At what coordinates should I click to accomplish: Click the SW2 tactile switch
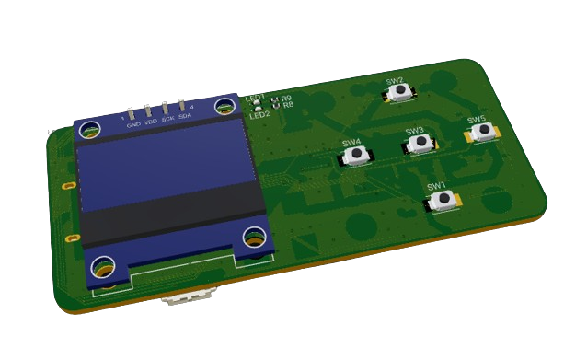400,92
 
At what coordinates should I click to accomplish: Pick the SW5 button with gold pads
481,133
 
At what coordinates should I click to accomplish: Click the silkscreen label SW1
435,185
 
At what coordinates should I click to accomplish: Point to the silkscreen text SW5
476,120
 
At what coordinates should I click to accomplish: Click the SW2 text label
394,80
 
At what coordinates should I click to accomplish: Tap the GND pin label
133,123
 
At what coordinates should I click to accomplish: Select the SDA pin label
184,117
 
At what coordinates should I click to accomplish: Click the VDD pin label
151,122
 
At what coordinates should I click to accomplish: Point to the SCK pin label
167,120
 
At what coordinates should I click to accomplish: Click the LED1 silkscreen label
254,97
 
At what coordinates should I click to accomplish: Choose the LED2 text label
259,115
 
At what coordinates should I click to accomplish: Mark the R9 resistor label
286,98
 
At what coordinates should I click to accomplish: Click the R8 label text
288,105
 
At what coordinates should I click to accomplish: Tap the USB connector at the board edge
188,296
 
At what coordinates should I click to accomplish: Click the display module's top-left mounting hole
90,130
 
